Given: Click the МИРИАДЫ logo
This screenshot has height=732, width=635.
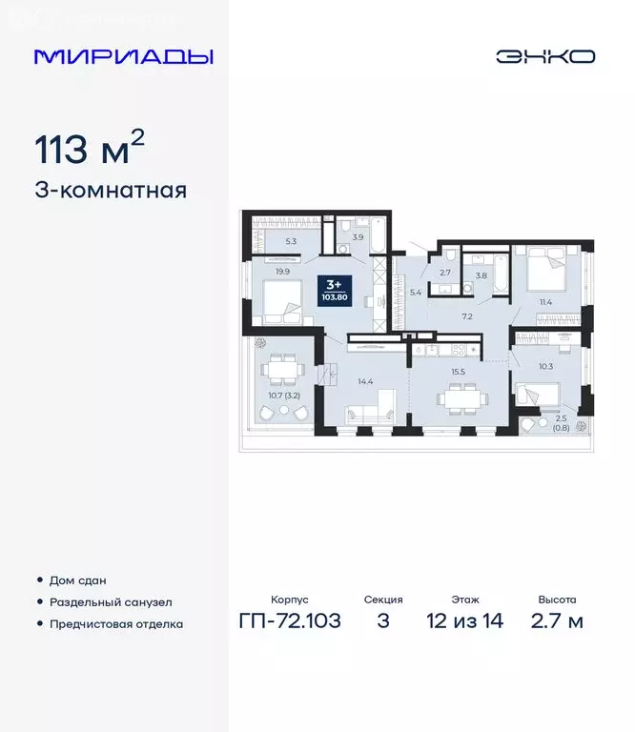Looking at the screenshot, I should point(124,56).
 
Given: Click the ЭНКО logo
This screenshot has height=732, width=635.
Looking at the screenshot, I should point(544,56).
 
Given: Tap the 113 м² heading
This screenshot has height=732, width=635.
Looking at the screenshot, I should point(90,150).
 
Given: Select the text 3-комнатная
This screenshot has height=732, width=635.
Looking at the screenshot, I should point(111,190).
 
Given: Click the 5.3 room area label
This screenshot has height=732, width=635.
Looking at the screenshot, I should point(291,241).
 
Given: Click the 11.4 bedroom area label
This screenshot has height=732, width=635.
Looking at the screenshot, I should point(546,302).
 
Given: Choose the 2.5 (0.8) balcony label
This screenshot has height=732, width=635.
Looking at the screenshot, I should point(562,421).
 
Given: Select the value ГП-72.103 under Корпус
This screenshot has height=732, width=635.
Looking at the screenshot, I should point(290,621).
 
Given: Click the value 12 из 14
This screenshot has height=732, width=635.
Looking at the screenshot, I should point(464,621).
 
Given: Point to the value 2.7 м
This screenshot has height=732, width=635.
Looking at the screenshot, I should point(556,621).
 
